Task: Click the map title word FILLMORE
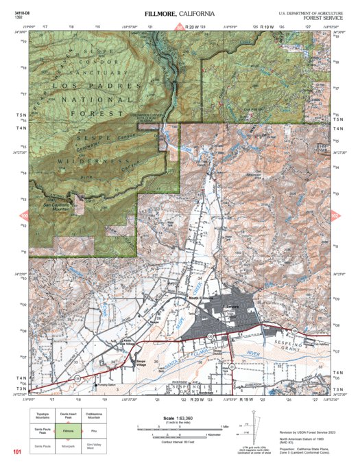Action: point(161,14)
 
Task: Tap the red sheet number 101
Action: point(17,452)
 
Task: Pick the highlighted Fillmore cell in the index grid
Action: point(67,431)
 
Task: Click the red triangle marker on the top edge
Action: point(180,28)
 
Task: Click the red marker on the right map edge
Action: point(335,215)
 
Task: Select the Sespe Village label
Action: point(141,361)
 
